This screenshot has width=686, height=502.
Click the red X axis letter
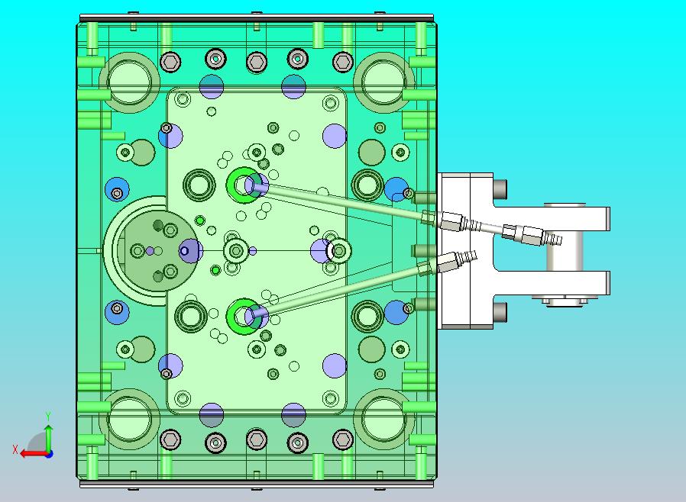click(x=15, y=449)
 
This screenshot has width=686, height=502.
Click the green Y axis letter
click(x=48, y=416)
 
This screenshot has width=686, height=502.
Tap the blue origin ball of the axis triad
click(x=50, y=454)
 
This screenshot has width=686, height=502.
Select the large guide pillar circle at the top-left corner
click(x=130, y=82)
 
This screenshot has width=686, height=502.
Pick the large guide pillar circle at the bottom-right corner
click(x=384, y=420)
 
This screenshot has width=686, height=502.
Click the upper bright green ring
click(x=243, y=185)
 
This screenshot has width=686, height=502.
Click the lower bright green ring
click(x=243, y=317)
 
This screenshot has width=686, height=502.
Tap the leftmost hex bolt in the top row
click(x=170, y=62)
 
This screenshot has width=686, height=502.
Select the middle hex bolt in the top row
click(x=257, y=62)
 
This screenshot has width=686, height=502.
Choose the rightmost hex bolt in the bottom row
click(x=342, y=439)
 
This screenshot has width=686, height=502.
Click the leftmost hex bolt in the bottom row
click(x=170, y=439)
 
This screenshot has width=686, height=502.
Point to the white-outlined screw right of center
click(x=339, y=251)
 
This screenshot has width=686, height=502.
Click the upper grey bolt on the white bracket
click(x=500, y=189)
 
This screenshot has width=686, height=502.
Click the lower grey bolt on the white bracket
click(x=500, y=312)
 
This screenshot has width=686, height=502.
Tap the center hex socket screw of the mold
click(x=237, y=251)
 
